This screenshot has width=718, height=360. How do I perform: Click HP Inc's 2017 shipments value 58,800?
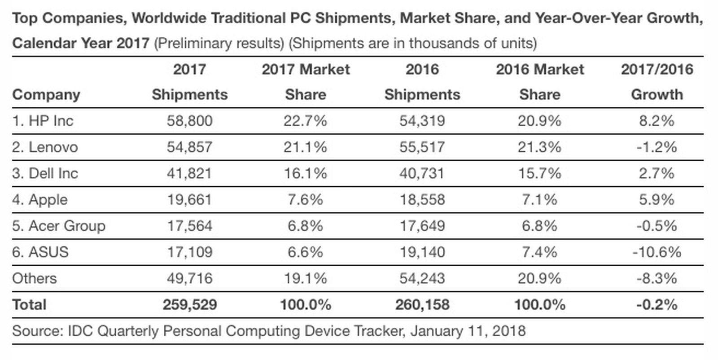[x=189, y=121]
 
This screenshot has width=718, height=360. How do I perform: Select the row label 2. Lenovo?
[x=45, y=147]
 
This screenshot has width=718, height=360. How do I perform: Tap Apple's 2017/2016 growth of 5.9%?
[x=657, y=199]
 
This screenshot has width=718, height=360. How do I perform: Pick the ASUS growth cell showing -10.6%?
[x=657, y=252]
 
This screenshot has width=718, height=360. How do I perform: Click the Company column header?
[x=46, y=95]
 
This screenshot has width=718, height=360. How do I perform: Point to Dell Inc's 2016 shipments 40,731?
[x=422, y=173]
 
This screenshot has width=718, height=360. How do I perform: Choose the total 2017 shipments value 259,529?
[x=189, y=305]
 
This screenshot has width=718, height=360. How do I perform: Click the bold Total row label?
[x=29, y=305]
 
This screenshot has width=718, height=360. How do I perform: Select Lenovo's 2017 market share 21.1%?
[x=305, y=147]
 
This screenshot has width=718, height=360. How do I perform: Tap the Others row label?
[x=35, y=278]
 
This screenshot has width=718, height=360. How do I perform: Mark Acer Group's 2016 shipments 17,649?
[x=422, y=226]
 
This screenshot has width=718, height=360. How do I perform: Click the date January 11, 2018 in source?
[x=468, y=331]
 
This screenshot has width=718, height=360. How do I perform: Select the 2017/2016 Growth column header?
[x=657, y=82]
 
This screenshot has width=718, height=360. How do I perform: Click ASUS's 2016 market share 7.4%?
[x=539, y=252]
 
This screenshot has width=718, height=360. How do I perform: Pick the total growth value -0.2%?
[x=657, y=305]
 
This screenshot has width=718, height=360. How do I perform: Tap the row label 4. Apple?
[x=40, y=199]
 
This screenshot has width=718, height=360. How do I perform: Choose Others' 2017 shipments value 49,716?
[x=189, y=278]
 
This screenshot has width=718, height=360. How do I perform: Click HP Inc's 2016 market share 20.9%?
[x=539, y=121]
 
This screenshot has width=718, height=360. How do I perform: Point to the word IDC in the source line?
[x=80, y=331]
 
